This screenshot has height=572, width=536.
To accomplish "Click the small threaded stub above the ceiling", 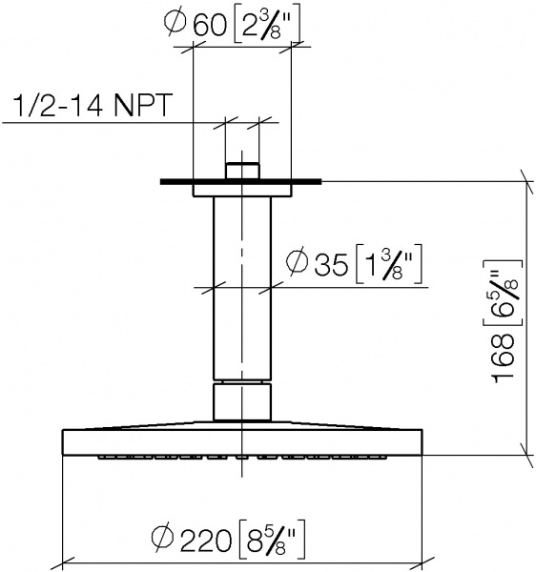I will pos(242,171).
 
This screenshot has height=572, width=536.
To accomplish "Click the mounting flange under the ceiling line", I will pos(242,191).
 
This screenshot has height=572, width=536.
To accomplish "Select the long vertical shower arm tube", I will pos(242,286).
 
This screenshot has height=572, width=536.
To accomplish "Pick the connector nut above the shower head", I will pos(242,400).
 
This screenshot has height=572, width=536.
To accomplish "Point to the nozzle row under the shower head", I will pos(242,458).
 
